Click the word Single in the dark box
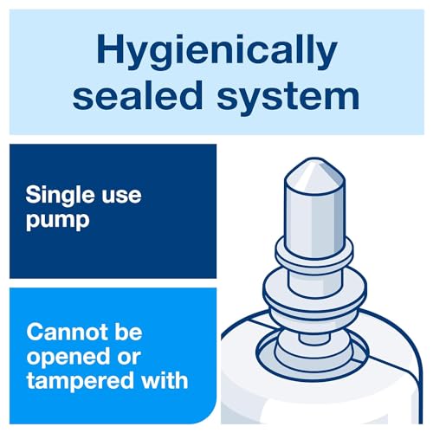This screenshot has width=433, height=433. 61,193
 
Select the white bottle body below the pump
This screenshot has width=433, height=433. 251,390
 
